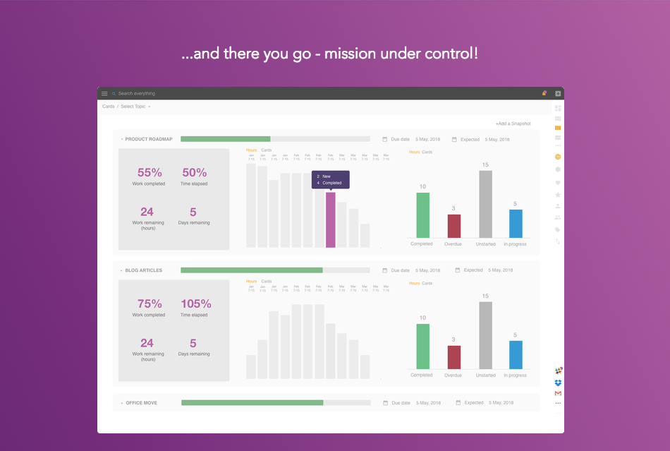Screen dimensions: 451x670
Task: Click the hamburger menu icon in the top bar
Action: click(x=104, y=93)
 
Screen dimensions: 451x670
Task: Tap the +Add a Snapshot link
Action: click(x=513, y=124)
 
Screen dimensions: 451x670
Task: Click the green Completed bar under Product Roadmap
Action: click(x=423, y=215)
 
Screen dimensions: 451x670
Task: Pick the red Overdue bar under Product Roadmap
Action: click(x=454, y=226)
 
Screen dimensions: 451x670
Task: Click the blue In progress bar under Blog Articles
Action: click(x=516, y=354)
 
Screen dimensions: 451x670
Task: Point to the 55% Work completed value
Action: click(x=150, y=173)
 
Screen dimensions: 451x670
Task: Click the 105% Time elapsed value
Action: click(x=195, y=304)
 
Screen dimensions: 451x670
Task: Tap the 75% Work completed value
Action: click(x=150, y=304)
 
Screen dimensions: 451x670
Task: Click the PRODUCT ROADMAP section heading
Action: click(x=149, y=139)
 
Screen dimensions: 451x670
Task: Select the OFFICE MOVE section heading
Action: click(x=141, y=403)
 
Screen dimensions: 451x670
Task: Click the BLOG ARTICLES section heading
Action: click(x=144, y=270)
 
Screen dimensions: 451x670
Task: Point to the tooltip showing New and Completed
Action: click(x=331, y=179)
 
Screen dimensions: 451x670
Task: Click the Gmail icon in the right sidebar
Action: click(x=558, y=393)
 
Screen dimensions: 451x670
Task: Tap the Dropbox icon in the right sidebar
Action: click(x=558, y=383)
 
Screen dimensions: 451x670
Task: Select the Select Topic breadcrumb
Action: click(x=133, y=107)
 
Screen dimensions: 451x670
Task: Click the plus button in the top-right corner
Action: click(x=558, y=93)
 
